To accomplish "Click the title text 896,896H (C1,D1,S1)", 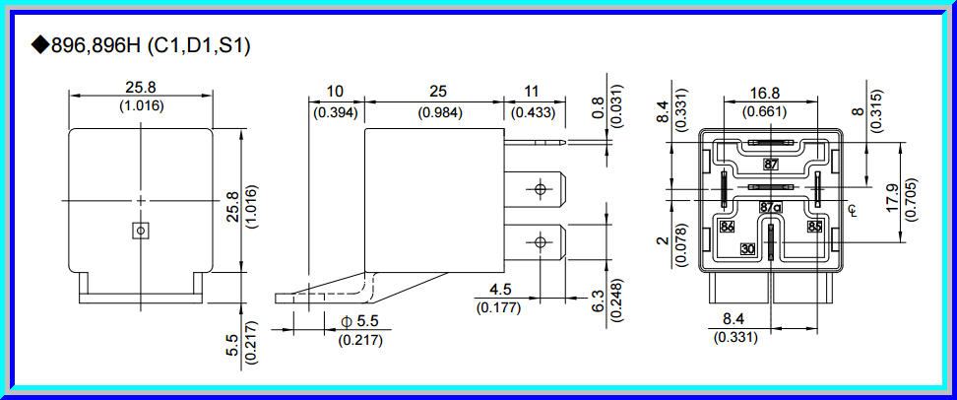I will coord(142,45).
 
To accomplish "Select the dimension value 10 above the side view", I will coord(335,92).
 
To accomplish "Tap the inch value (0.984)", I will coord(435,112).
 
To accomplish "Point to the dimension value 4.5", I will coord(500,290).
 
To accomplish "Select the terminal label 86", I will coord(728,227).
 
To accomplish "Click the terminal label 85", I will coord(814,227).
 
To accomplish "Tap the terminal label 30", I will coord(748,249).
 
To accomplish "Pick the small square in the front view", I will coord(141,230).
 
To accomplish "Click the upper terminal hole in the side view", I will coord(540,189).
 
